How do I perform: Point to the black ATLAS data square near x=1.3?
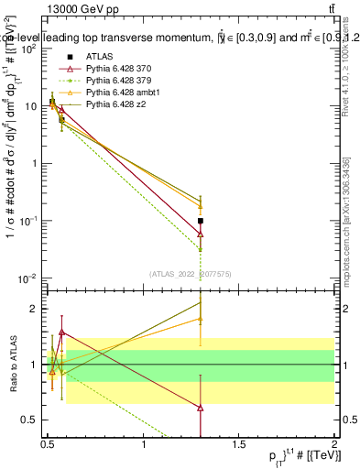(278, 221)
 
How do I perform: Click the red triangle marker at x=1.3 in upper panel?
(278, 234)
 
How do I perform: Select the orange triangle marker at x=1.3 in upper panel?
(278, 206)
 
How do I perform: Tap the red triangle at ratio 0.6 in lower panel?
(278, 408)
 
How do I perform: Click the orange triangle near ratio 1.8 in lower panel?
(278, 319)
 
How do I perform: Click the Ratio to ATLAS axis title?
(12, 365)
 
